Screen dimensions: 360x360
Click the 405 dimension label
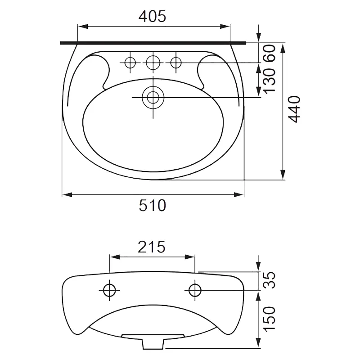[x=152, y=17]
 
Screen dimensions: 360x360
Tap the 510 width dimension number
[x=152, y=205]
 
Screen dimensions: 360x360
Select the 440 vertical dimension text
[x=294, y=109]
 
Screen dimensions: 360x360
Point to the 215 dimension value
[x=152, y=247]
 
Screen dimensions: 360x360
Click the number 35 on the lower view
[x=269, y=280]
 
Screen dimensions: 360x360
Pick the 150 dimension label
[x=269, y=319]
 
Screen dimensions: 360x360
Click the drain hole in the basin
[x=153, y=97]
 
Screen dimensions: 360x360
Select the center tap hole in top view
[x=153, y=63]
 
